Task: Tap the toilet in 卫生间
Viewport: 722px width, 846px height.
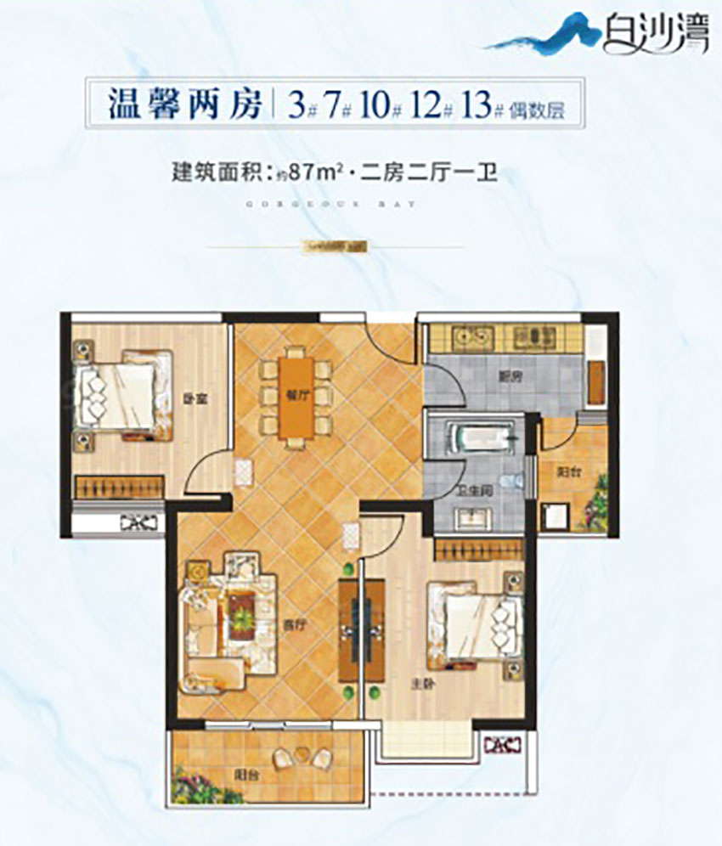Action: coord(510,481)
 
